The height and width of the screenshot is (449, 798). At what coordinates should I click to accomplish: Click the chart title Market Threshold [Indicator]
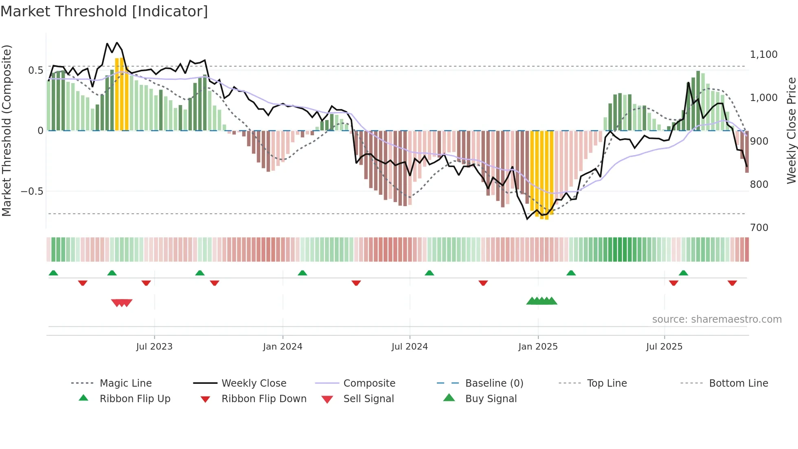click(104, 11)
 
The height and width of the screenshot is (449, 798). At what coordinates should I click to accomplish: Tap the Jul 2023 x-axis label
click(154, 347)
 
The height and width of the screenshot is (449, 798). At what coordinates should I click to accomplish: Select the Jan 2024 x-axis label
click(283, 347)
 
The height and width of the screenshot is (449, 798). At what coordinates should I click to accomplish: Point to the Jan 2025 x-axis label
click(538, 347)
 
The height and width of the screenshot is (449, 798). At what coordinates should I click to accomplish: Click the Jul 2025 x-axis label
click(664, 347)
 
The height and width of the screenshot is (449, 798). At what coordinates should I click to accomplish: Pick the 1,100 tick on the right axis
click(763, 55)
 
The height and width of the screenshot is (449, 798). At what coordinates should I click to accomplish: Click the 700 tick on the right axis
click(759, 228)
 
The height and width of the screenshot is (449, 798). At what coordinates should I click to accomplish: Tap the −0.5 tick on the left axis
click(32, 191)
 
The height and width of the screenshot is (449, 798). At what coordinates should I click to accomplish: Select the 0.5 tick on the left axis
click(35, 70)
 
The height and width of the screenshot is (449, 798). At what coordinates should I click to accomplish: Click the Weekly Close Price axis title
click(791, 130)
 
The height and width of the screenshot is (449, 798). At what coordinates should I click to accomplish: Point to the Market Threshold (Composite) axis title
click(7, 130)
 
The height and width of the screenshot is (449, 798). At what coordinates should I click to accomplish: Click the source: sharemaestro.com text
click(717, 319)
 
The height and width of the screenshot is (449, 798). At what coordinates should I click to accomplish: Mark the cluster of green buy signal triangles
click(541, 301)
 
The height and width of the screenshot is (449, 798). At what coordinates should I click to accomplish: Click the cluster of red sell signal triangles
click(122, 303)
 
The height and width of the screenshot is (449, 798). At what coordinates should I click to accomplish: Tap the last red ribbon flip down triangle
click(732, 283)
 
